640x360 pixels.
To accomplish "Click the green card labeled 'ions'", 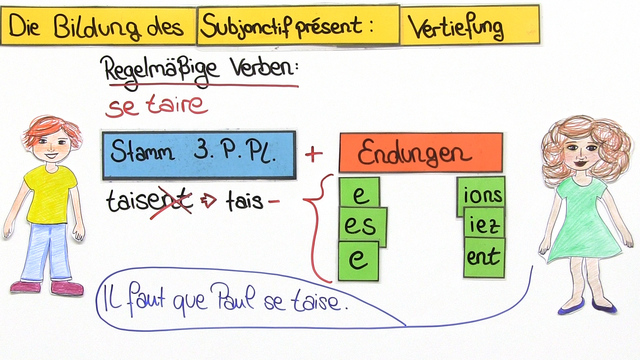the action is pyautogui.click(x=481, y=194).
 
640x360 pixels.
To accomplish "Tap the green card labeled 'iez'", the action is pyautogui.click(x=482, y=227).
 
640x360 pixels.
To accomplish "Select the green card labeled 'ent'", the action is pyautogui.click(x=482, y=258).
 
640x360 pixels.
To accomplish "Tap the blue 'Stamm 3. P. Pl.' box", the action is pyautogui.click(x=198, y=154).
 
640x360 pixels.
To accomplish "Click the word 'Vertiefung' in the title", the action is pyautogui.click(x=455, y=28).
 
